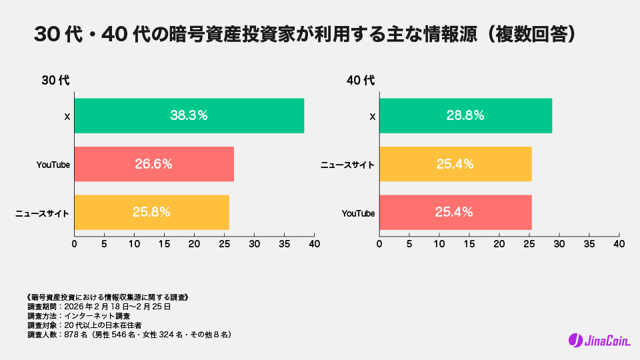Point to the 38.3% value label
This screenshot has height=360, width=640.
(189, 115)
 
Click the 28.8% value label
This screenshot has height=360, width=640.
(465, 115)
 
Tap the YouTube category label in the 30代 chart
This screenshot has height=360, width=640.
(53, 165)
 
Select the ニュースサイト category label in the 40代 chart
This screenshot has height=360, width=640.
(347, 165)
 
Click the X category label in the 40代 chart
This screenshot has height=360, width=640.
(372, 117)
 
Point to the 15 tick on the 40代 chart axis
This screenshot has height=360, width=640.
(469, 244)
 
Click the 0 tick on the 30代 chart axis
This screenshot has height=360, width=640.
(74, 244)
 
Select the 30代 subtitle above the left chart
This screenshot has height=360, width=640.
(55, 81)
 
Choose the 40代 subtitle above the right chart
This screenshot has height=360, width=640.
(361, 81)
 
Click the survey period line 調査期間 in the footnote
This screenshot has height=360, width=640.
(99, 307)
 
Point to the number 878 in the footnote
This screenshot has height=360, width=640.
(70, 335)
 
